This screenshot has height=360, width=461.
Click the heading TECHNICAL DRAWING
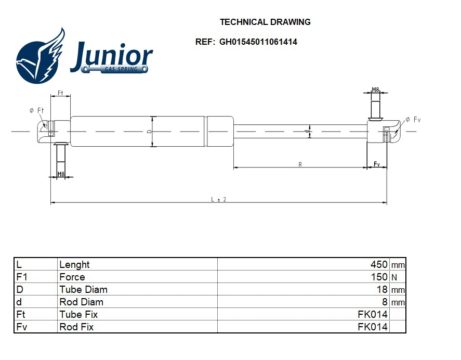(x=265, y=22)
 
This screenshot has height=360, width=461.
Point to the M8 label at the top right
(x=375, y=90)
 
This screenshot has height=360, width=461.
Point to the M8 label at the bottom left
(x=60, y=174)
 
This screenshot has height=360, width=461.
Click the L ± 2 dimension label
(x=218, y=199)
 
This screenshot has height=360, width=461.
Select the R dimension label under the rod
(x=300, y=164)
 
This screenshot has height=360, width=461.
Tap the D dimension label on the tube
(x=149, y=132)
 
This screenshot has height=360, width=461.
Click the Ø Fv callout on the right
(x=413, y=120)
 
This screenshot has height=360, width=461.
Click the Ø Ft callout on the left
(x=36, y=110)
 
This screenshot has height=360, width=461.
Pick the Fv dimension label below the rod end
(x=377, y=164)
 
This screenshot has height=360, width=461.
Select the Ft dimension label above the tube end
(x=60, y=93)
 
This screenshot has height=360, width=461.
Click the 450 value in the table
(x=379, y=265)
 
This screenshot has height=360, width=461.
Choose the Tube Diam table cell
(x=83, y=290)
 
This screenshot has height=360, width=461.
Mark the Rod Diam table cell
(x=81, y=302)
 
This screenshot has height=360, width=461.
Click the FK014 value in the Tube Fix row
(x=373, y=315)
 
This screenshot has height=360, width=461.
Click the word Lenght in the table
(x=74, y=265)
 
